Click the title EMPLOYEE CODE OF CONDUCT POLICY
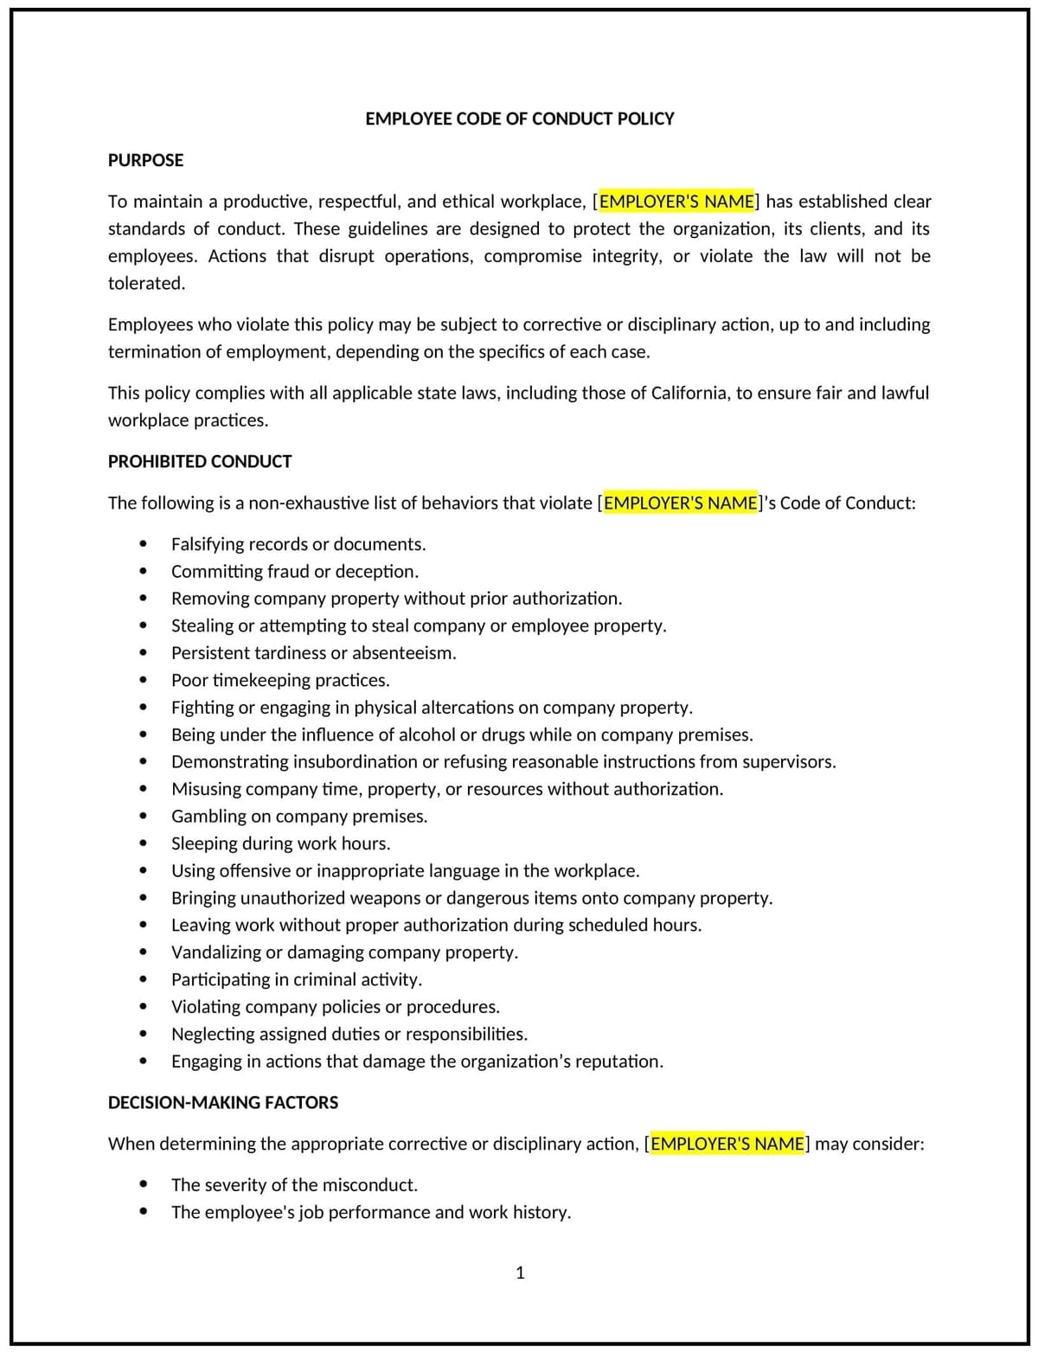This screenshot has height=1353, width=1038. pos(519,119)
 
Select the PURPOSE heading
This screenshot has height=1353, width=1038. pos(145,160)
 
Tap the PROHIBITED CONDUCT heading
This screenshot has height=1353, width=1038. pos(200,461)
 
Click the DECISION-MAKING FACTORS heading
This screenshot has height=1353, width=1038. pos(223,1102)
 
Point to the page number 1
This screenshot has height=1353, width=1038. pos(520,1272)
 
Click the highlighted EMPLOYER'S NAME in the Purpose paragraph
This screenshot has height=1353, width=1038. pos(676,202)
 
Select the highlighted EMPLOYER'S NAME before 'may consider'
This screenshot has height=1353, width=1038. pos(727,1144)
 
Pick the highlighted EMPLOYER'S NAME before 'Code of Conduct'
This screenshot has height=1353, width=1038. pos(681,503)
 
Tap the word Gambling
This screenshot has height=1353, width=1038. pos(208,816)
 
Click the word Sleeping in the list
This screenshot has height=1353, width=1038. pos(205,843)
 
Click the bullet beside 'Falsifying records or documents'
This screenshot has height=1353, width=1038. pos(143,544)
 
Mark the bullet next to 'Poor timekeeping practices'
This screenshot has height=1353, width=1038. pos(143,680)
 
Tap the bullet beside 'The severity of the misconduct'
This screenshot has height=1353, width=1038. pos(143,1184)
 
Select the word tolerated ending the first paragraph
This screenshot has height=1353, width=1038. pos(145,283)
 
